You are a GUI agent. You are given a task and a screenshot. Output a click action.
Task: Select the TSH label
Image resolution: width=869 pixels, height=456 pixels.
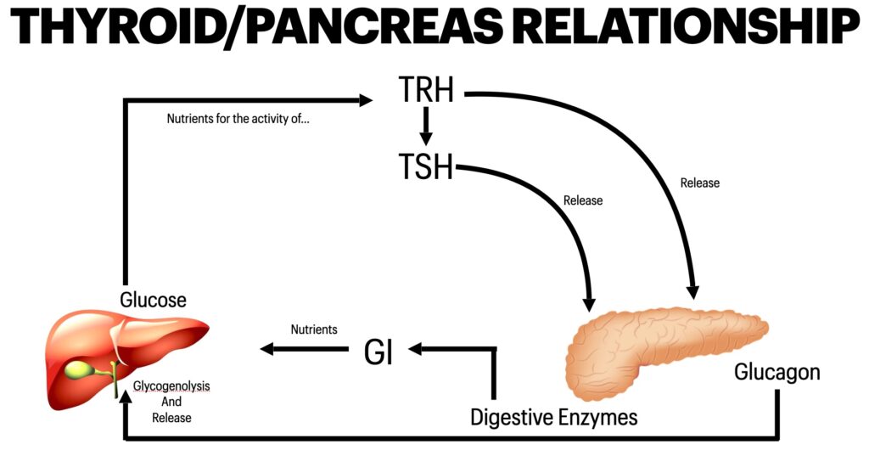(426, 166)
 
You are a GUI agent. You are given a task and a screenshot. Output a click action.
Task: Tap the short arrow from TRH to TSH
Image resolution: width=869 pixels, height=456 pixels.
(427, 127)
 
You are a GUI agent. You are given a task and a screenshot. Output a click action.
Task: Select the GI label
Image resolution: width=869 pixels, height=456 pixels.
(378, 352)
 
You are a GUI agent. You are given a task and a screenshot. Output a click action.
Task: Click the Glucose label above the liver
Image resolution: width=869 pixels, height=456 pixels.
(153, 300)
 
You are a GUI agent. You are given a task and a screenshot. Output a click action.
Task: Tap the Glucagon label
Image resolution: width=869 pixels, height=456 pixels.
(777, 373)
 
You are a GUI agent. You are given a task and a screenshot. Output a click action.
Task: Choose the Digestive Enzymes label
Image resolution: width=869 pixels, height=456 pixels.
(554, 417)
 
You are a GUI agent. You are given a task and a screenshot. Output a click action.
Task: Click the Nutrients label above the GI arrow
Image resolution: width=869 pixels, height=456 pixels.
(314, 329)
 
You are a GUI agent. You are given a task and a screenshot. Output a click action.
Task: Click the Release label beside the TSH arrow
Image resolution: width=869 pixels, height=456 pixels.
(583, 200)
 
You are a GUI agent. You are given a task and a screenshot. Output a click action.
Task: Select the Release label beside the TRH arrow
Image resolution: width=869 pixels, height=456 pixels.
(700, 183)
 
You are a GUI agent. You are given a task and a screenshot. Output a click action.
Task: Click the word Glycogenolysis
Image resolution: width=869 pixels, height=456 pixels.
(171, 386)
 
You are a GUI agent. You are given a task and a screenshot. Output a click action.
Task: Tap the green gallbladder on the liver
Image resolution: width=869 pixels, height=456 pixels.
(78, 370)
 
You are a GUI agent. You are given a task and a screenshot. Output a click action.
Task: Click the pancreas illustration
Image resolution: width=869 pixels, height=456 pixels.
(662, 340)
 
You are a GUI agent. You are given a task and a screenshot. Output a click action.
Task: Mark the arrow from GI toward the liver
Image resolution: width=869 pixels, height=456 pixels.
(306, 348)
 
